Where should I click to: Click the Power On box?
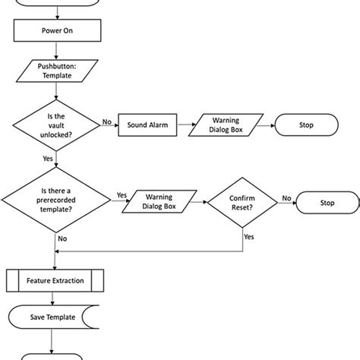tap(57, 32)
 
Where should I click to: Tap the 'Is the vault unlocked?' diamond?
tap(57, 125)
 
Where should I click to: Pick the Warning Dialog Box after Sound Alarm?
tap(226, 125)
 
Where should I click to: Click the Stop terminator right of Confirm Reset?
tap(327, 203)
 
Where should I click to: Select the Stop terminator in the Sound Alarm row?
tap(305, 125)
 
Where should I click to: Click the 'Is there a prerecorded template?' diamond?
tap(57, 203)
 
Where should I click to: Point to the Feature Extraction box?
tap(57, 279)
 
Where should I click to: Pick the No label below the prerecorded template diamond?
tap(62, 238)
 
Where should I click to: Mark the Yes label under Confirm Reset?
tap(248, 235)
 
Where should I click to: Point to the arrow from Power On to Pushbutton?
tap(57, 50)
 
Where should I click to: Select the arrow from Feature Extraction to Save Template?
tap(57, 298)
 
